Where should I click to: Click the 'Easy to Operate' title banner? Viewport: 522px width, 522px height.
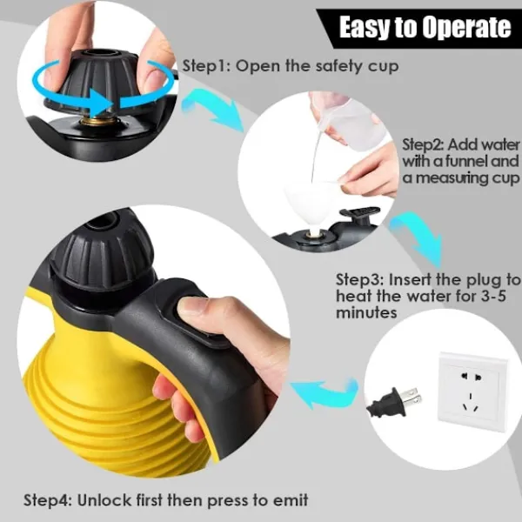point(419,29)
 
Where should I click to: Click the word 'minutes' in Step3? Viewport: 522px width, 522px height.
point(366,312)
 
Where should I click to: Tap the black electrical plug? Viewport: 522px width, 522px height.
point(394,402)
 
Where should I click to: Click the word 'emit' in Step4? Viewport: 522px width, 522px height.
point(291,499)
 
